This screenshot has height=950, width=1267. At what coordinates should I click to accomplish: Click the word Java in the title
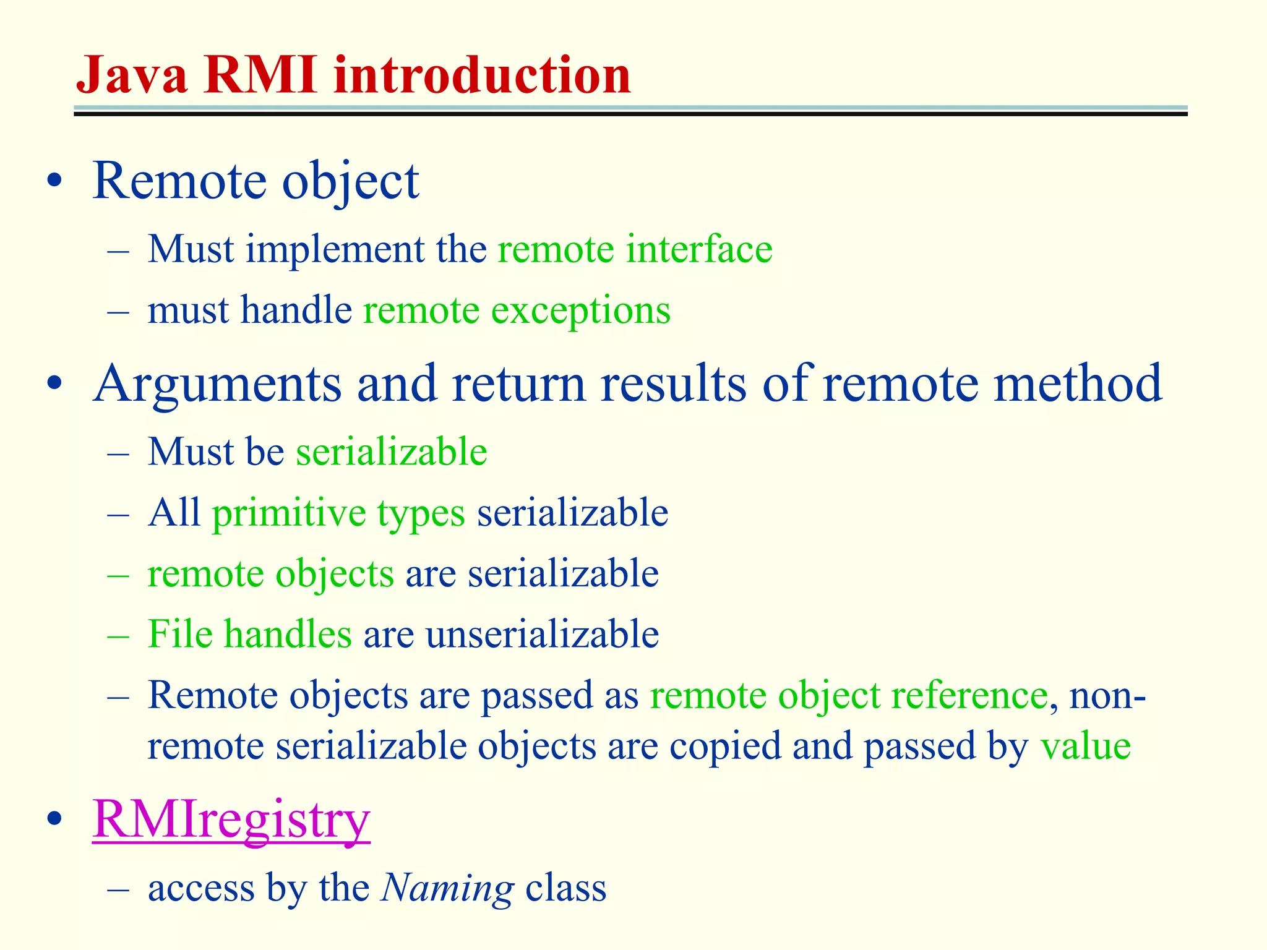pyautogui.click(x=132, y=75)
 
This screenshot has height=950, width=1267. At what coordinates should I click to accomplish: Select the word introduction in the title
pyautogui.click(x=482, y=75)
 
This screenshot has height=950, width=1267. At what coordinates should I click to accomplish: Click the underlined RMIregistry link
pyautogui.click(x=231, y=819)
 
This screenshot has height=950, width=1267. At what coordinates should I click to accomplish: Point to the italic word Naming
pyautogui.click(x=447, y=889)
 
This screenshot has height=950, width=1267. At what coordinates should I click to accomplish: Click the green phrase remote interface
pyautogui.click(x=635, y=249)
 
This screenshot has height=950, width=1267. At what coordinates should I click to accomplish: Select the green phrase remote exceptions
pyautogui.click(x=517, y=310)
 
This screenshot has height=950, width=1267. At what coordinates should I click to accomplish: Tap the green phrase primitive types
pyautogui.click(x=338, y=513)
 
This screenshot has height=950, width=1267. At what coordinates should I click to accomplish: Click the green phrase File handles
pyautogui.click(x=250, y=634)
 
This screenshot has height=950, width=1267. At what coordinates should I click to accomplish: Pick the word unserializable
pyautogui.click(x=542, y=634)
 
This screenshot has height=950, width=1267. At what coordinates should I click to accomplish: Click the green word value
pyautogui.click(x=1086, y=745)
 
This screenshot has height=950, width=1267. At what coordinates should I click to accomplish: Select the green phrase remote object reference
pyautogui.click(x=848, y=695)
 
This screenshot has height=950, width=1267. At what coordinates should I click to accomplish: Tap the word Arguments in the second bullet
pyautogui.click(x=217, y=383)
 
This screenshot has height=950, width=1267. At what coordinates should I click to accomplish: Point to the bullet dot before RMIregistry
pyautogui.click(x=54, y=819)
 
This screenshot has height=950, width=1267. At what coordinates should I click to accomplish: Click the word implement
pyautogui.click(x=335, y=249)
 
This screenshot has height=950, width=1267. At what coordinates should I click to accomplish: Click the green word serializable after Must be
pyautogui.click(x=392, y=451)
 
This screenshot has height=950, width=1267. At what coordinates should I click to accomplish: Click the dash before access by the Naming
pyautogui.click(x=118, y=889)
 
